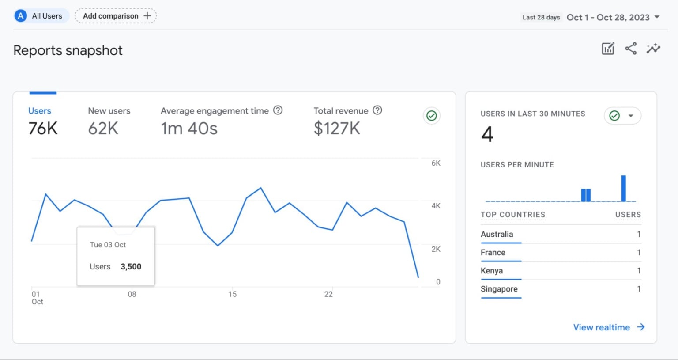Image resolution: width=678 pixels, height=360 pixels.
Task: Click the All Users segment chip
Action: (41, 16)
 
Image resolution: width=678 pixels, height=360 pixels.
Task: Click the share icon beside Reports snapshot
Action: (631, 49)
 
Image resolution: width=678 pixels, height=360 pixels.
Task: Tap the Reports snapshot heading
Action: (68, 50)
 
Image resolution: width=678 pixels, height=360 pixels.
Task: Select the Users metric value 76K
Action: (43, 129)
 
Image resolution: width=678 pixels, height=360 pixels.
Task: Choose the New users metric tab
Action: (109, 111)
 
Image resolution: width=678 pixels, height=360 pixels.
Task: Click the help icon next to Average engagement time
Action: (278, 110)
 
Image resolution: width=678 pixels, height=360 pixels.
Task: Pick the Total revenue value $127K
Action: (337, 129)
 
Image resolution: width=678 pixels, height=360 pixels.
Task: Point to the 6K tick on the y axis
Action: (436, 163)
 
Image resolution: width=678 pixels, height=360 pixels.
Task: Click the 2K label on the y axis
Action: (436, 249)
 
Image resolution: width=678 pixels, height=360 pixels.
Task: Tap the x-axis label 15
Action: (232, 294)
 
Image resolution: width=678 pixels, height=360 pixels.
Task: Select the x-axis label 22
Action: (328, 294)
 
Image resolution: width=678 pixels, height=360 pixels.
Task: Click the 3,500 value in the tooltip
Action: (131, 267)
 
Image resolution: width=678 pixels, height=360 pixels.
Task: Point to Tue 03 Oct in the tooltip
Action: (108, 245)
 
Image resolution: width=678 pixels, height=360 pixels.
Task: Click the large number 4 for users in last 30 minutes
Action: (487, 134)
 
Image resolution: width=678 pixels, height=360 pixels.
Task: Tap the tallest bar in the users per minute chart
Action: (623, 189)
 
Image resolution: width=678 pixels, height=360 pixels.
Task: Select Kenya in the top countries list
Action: (491, 271)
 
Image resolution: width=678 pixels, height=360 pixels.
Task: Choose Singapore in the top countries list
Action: (499, 289)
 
